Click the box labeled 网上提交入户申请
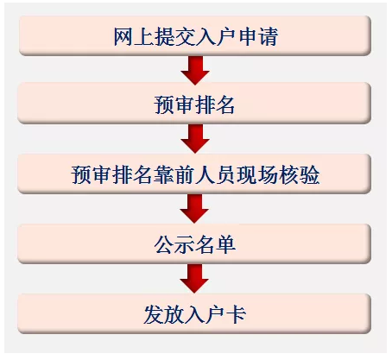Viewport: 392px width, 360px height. (195, 35)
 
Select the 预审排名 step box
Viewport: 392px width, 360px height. (194, 104)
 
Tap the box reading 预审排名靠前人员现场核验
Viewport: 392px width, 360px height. (194, 174)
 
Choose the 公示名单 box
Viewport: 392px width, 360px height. (194, 244)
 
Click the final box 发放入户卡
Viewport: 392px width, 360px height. (194, 314)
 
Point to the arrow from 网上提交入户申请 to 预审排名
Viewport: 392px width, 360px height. (195, 70)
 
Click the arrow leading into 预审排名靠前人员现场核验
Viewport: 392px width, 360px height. (195, 138)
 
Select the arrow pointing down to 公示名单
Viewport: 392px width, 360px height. (194, 208)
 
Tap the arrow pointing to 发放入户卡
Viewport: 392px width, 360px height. (194, 279)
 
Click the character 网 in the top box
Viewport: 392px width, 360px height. (123, 36)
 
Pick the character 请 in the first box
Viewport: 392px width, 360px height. (269, 36)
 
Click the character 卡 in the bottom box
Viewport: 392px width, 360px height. (236, 314)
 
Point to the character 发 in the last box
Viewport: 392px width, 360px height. (154, 314)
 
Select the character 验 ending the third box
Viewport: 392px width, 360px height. (309, 175)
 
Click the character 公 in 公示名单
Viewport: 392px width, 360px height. (164, 244)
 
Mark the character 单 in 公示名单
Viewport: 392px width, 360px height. (226, 244)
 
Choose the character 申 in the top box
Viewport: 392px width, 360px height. (248, 36)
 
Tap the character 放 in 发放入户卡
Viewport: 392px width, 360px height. (174, 314)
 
